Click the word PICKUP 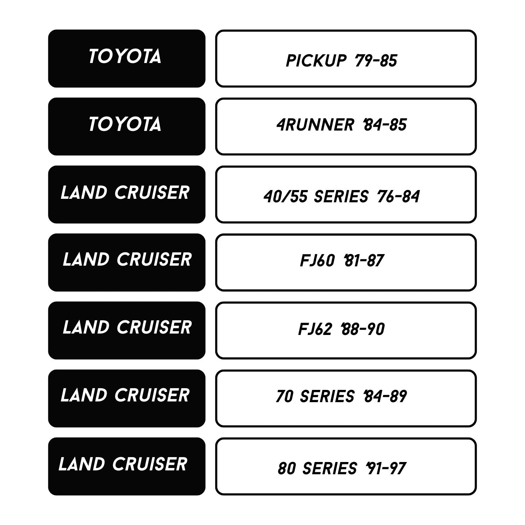click(316, 61)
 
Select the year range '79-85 click(376, 61)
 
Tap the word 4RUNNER click(315, 125)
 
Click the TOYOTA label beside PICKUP click(125, 56)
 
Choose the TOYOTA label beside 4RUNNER click(125, 124)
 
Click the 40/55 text click(286, 197)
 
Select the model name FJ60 click(317, 261)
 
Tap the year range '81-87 click(364, 261)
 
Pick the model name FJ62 click(315, 329)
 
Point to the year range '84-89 click(385, 397)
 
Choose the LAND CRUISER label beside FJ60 click(127, 259)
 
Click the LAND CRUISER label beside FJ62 click(127, 327)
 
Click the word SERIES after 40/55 click(341, 197)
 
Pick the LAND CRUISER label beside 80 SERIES click(123, 464)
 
